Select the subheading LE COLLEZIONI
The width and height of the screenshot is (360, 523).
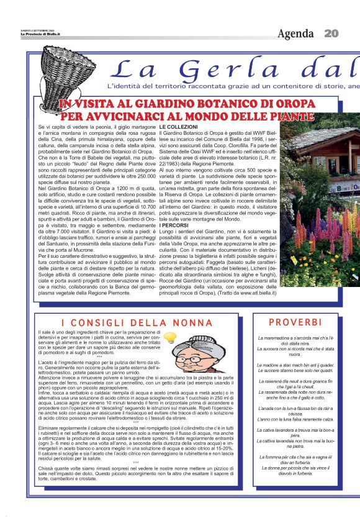179,127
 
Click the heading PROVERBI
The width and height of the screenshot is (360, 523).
295,322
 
